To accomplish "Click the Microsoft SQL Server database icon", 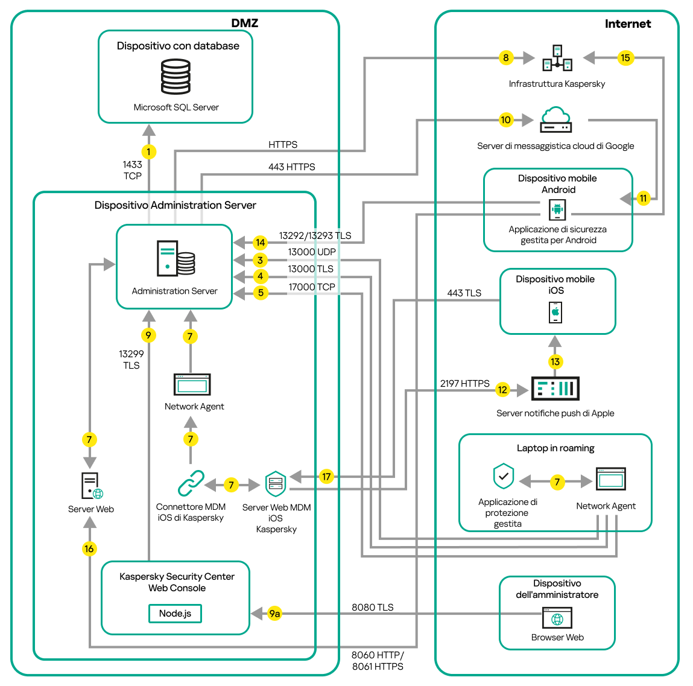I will click(x=176, y=77).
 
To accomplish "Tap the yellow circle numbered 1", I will click(x=148, y=151).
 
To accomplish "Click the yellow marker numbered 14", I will click(x=260, y=243).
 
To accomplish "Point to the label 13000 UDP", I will click(x=311, y=252).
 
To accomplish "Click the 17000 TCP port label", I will click(x=311, y=287).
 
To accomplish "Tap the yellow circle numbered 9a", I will click(x=274, y=614).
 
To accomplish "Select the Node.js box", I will click(x=175, y=614).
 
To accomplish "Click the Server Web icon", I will click(x=91, y=486).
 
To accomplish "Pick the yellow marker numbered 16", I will click(x=89, y=548).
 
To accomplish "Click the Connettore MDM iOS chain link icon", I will click(x=191, y=483).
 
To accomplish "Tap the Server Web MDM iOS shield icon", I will click(x=276, y=483).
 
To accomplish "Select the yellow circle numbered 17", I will click(x=326, y=477).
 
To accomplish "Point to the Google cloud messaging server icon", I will click(x=555, y=119).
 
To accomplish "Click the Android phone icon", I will click(x=557, y=210).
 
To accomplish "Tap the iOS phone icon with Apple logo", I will click(x=555, y=313).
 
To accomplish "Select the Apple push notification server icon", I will click(x=555, y=389).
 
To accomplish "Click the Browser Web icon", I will click(x=557, y=618).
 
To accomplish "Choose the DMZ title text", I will click(x=244, y=24).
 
